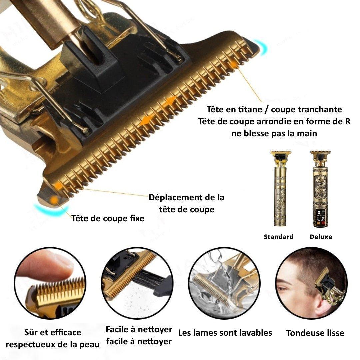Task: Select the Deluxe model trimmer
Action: pyautogui.click(x=320, y=189)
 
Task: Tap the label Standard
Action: pyautogui.click(x=278, y=237)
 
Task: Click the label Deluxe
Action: pyautogui.click(x=321, y=237)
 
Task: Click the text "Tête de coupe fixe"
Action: pyautogui.click(x=108, y=218)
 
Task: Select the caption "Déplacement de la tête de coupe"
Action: pyautogui.click(x=186, y=203)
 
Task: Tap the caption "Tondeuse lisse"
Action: pyautogui.click(x=315, y=333)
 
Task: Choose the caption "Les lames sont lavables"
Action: pyautogui.click(x=225, y=333)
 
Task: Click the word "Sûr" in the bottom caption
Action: pyautogui.click(x=31, y=332)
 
